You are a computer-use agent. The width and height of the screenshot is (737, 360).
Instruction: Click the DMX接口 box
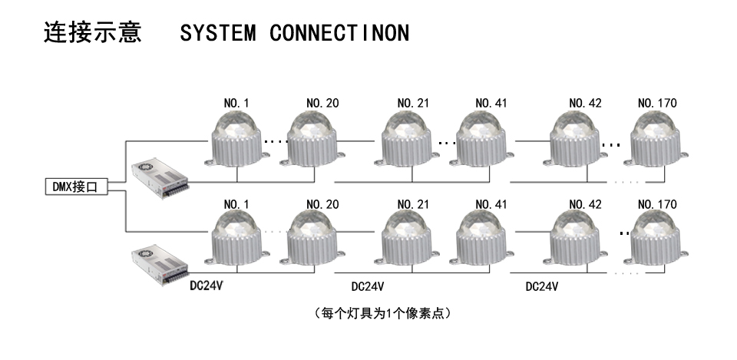[x=74, y=187]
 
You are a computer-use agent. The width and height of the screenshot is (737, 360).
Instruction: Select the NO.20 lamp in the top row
[x=314, y=139]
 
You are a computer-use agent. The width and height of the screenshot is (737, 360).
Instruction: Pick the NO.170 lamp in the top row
[x=657, y=139]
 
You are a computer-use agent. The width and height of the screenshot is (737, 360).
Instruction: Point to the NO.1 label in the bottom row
[x=235, y=205]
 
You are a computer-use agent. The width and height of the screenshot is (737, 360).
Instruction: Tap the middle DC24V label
[x=367, y=286]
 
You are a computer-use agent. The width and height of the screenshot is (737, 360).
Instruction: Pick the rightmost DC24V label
[x=541, y=286]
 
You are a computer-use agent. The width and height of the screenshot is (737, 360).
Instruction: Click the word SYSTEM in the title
[x=216, y=35]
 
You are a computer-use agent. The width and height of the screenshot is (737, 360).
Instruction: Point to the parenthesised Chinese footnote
[x=382, y=313]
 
